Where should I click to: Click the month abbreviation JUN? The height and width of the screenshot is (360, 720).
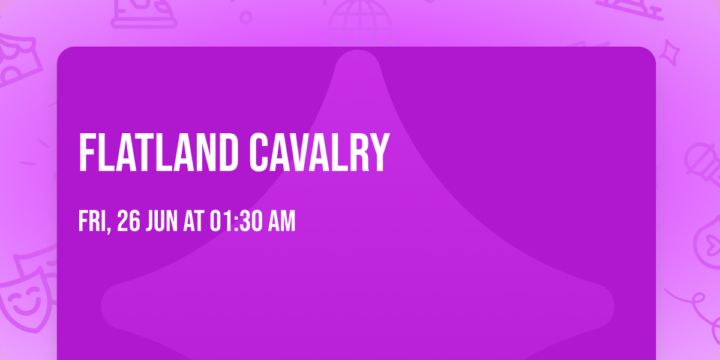[x=163, y=221]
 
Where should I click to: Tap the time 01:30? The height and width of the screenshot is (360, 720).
[x=235, y=221]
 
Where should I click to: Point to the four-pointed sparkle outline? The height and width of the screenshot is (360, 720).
[x=673, y=50]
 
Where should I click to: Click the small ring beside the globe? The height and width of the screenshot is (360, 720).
[x=246, y=17]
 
